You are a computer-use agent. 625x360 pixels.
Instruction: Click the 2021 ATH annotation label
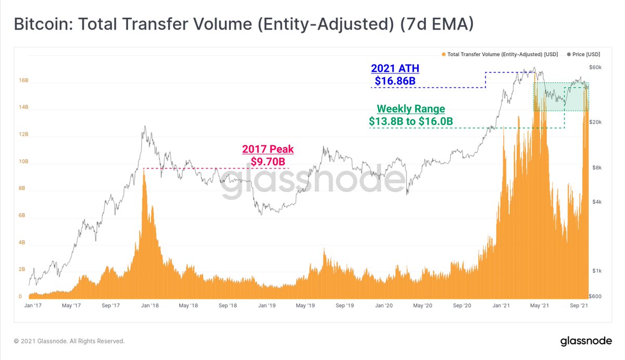[x=395, y=69]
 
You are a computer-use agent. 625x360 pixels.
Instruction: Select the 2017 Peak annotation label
[x=268, y=150]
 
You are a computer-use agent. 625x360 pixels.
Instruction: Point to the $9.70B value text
[x=268, y=162]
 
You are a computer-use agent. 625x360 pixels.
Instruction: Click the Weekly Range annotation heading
[x=411, y=109]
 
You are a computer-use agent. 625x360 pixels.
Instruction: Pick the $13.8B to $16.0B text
[x=411, y=121]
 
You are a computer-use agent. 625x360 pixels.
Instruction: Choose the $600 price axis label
[x=595, y=296]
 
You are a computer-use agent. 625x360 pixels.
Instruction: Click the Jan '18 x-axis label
[x=151, y=306]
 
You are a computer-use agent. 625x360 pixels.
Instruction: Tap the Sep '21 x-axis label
[x=579, y=306]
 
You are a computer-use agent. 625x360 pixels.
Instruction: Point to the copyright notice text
[x=69, y=341]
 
